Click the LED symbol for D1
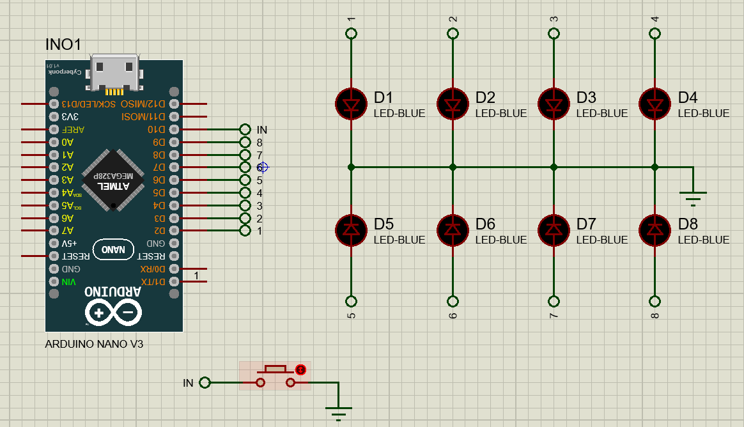coord(351,104)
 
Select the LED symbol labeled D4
coord(655,104)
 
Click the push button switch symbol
coord(275,377)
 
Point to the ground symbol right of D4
coord(693,198)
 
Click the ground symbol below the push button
coord(339,413)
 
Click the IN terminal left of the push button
coord(205,383)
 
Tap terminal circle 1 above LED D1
coord(351,33)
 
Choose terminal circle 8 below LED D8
coord(655,301)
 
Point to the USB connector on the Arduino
coord(115,73)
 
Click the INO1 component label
coord(63,45)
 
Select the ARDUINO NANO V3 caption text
coord(94,344)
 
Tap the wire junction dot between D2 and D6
coord(453,167)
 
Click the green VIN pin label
coord(68,282)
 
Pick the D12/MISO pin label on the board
coord(148,104)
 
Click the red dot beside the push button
coord(301,369)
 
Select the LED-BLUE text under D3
coord(602,113)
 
